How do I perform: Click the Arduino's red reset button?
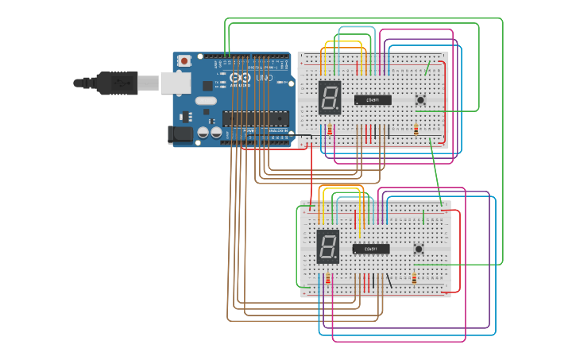click(x=184, y=60)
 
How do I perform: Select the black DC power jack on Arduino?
click(x=181, y=135)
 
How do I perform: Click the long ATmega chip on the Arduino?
click(x=253, y=118)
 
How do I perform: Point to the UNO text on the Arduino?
click(x=264, y=79)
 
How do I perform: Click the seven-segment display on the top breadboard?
click(x=330, y=97)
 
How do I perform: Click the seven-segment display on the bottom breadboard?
click(x=328, y=246)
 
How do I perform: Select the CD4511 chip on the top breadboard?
click(x=373, y=100)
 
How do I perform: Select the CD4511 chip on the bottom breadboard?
click(x=371, y=249)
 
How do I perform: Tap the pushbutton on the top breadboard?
click(x=420, y=99)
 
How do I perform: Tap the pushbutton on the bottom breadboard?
click(x=419, y=249)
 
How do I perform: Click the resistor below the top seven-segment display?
click(x=330, y=130)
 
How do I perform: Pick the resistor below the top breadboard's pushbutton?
click(x=416, y=130)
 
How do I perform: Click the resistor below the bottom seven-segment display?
click(x=328, y=279)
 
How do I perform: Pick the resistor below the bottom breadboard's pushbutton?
click(x=415, y=278)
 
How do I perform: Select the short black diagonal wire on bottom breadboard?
click(x=389, y=281)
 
